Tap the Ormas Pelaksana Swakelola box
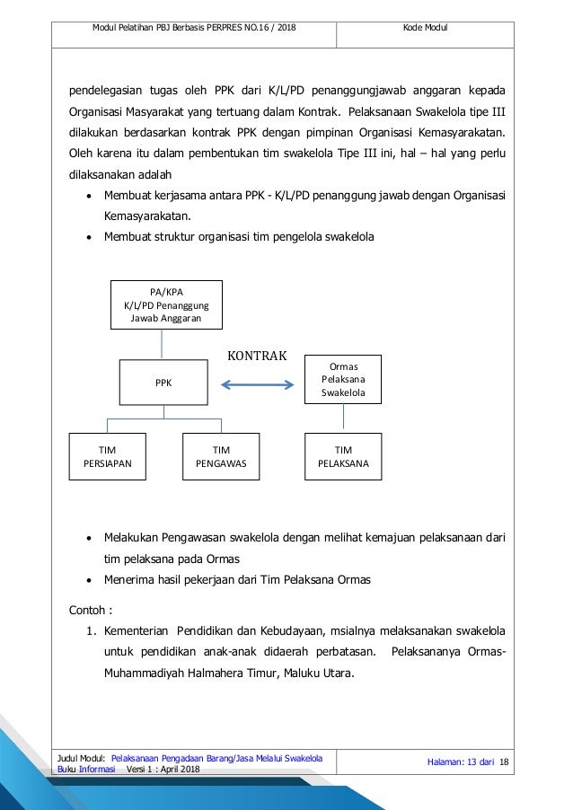click(344, 381)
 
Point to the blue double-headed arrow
click(259, 386)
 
